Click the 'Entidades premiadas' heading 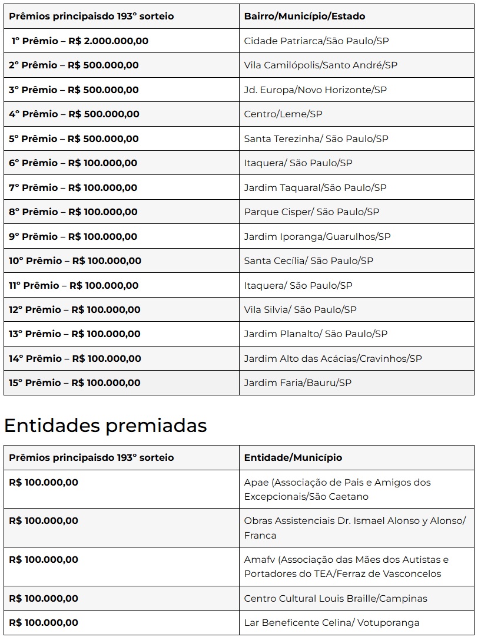click(105, 425)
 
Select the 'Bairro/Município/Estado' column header click(304, 17)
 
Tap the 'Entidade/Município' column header click(293, 457)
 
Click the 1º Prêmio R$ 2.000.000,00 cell click(80, 41)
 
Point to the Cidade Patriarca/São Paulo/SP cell click(316, 41)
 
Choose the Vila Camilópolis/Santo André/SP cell click(320, 65)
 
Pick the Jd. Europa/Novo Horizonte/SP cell click(315, 90)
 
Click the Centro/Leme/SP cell click(283, 114)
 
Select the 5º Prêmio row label click(74, 139)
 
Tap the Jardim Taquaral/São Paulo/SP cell click(315, 188)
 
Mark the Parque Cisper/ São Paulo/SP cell click(311, 212)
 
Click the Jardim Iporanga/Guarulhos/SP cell click(317, 237)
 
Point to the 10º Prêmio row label click(75, 261)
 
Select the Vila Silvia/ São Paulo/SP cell click(300, 310)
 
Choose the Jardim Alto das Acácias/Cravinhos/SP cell click(333, 359)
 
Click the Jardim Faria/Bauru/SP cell click(297, 383)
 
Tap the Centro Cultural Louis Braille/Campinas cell click(336, 599)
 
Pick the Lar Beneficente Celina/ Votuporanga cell click(331, 623)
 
